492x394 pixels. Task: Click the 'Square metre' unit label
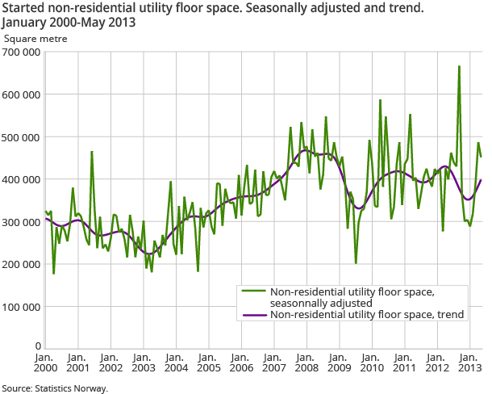tap(36, 38)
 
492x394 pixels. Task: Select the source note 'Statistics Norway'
tap(54, 388)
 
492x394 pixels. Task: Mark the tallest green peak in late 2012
tap(459, 67)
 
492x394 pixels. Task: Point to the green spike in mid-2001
tap(92, 152)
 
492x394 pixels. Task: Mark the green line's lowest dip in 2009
tap(356, 262)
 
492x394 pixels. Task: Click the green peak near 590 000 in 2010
tap(380, 100)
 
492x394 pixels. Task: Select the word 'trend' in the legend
tap(450, 314)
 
